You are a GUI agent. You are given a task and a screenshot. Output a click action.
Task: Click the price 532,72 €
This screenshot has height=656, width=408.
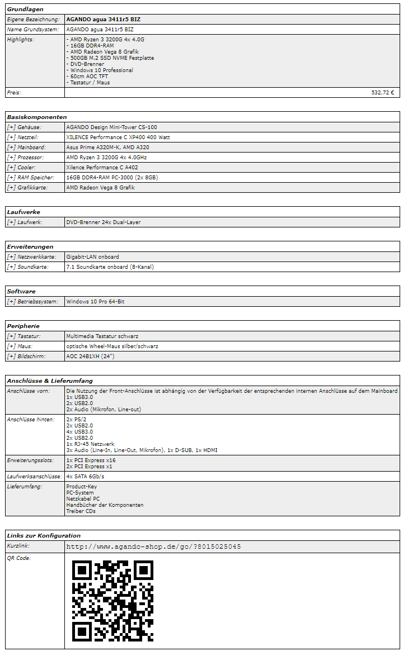382,93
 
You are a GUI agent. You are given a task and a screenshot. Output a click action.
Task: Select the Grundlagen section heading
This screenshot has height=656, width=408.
25,9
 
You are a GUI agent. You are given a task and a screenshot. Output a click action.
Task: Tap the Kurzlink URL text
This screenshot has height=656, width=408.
153,546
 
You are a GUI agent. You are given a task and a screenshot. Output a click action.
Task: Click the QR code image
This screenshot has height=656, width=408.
112,601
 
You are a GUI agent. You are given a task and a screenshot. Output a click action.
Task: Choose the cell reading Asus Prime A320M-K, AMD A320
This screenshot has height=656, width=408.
107,148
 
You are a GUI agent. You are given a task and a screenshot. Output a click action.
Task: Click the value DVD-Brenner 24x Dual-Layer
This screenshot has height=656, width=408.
103,222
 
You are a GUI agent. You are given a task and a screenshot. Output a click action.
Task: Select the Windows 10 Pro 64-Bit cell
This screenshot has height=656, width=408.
95,302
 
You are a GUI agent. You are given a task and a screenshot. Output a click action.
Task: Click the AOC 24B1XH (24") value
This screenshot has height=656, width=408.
90,356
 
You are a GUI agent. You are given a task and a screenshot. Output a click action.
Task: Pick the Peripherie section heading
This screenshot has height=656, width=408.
24,326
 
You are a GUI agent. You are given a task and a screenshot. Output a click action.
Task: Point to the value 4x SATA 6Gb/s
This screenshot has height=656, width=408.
85,477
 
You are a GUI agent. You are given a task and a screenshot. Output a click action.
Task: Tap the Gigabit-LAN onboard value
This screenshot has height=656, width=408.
92,257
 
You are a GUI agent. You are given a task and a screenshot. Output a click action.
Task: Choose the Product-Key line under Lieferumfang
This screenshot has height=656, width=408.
81,487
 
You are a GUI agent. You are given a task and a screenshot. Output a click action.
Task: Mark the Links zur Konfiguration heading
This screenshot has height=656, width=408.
44,536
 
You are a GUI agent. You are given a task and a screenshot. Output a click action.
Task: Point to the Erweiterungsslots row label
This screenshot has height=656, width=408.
30,460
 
